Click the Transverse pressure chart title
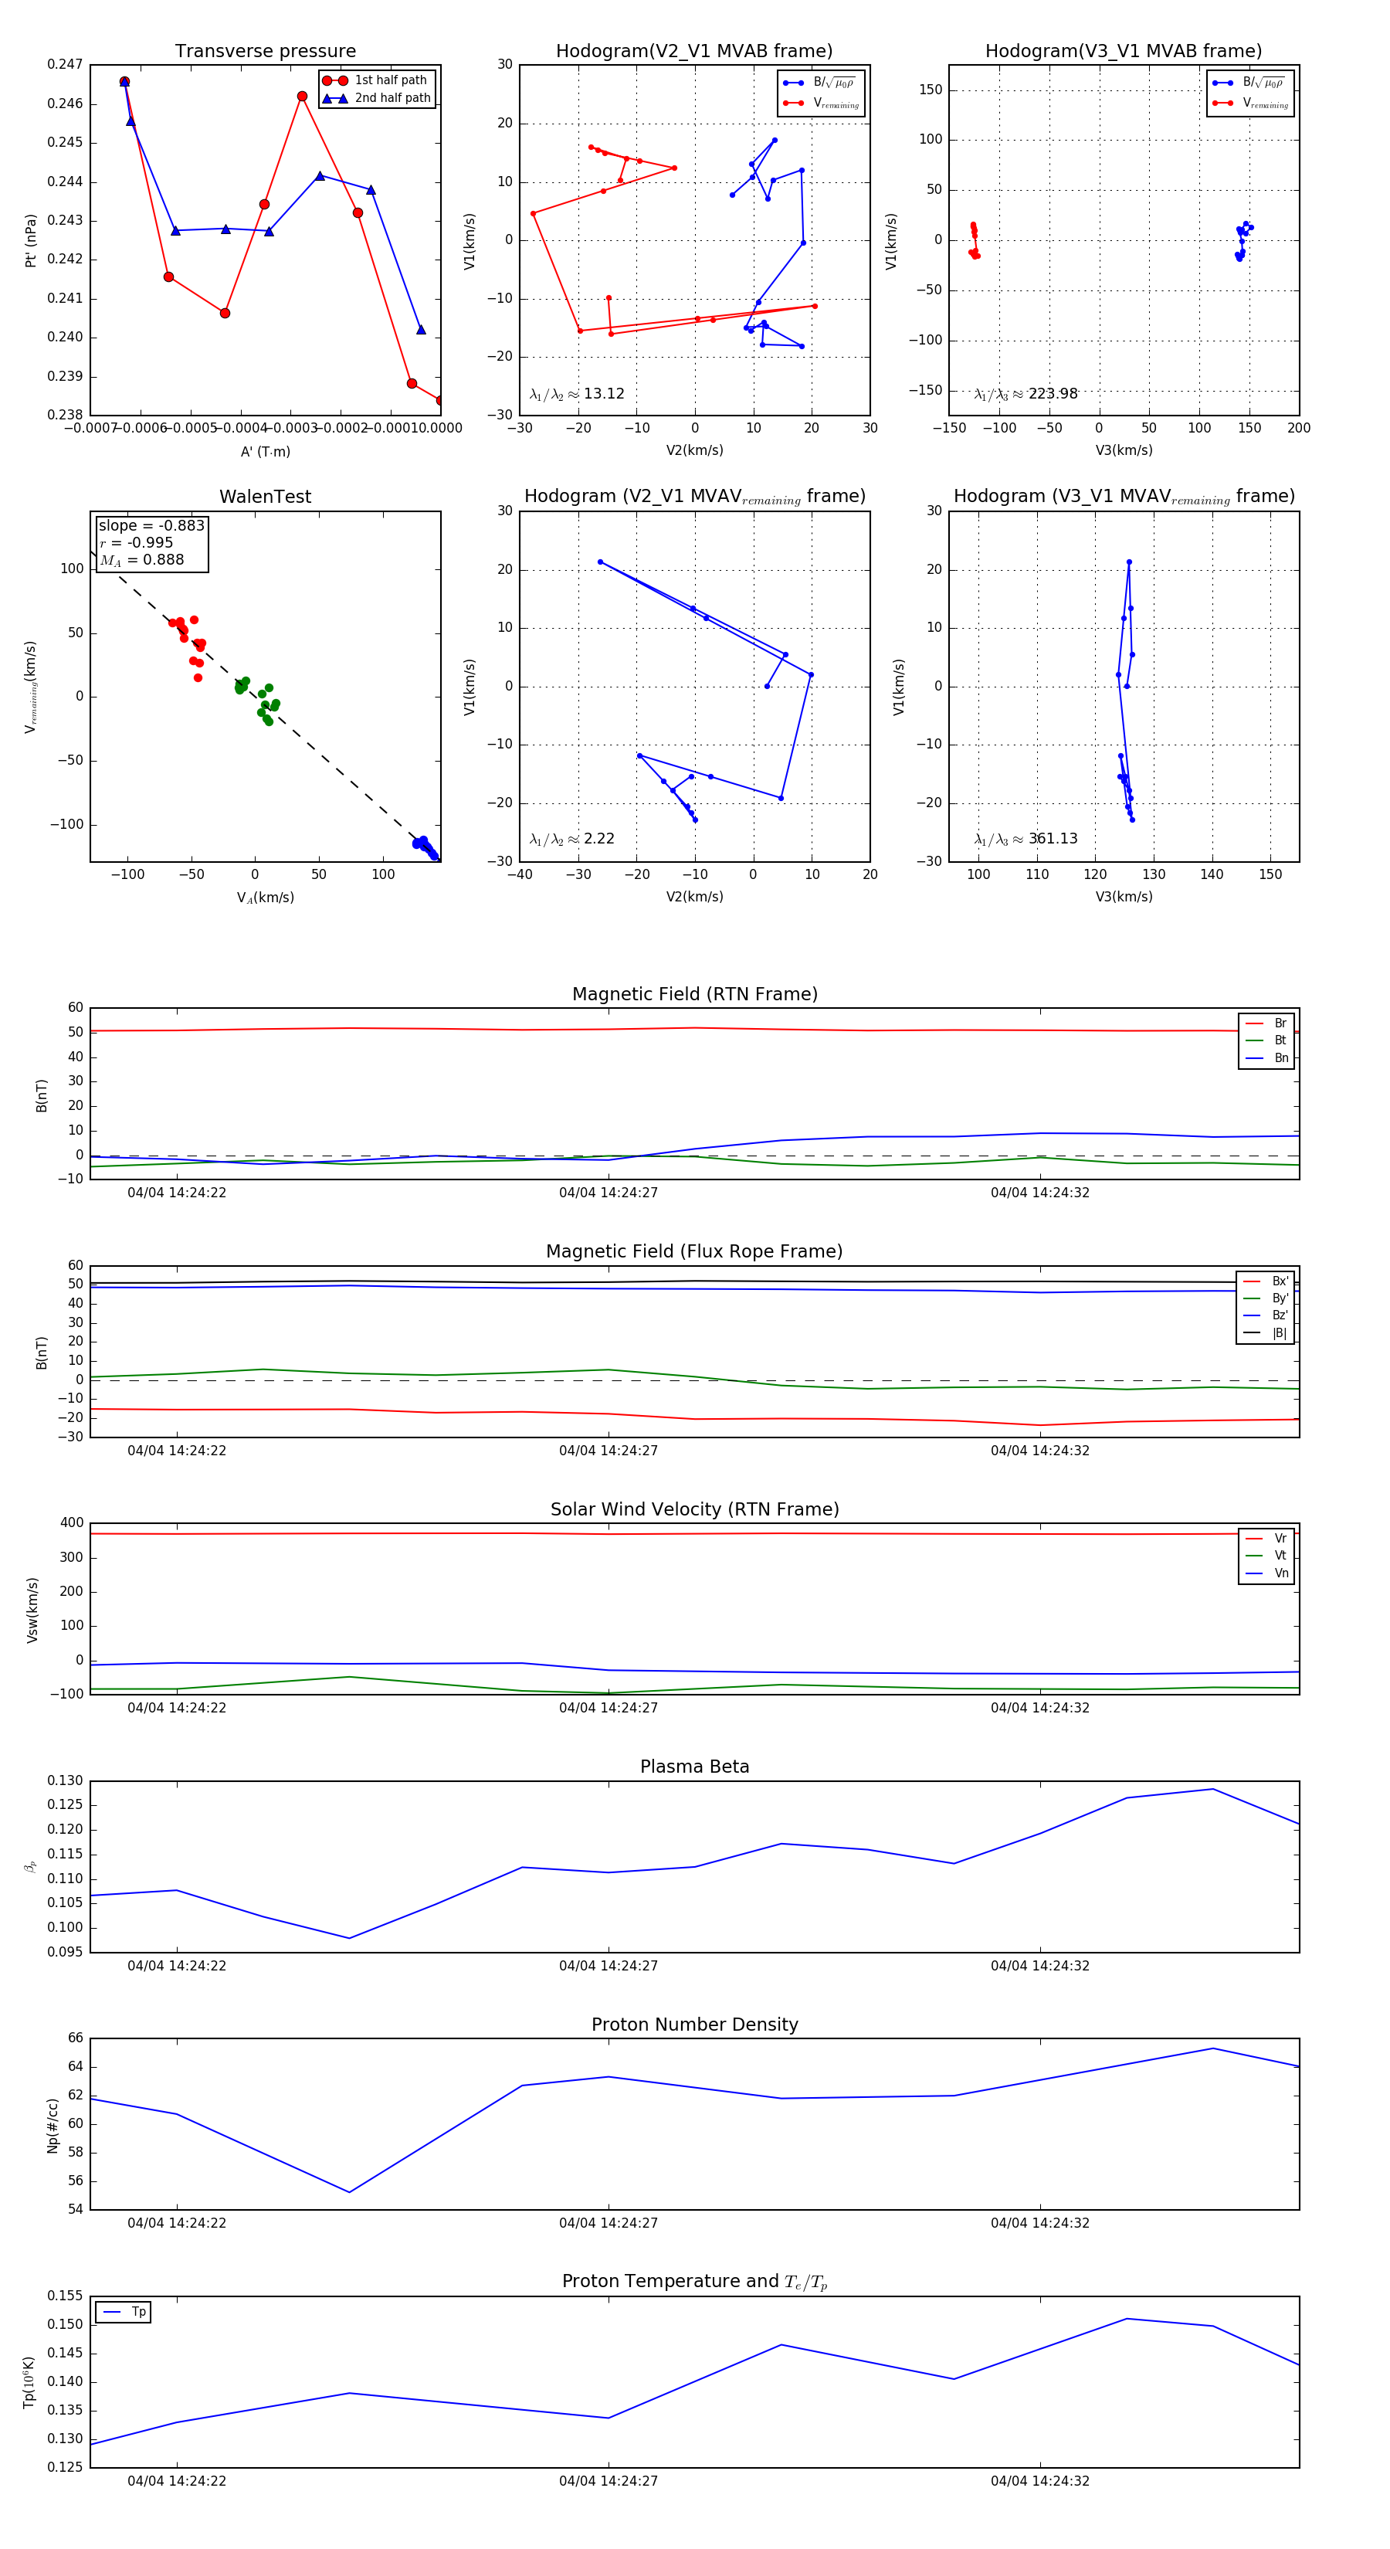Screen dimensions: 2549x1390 (x=265, y=52)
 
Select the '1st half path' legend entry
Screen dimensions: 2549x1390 (x=390, y=80)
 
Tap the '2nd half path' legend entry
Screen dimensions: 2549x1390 (x=392, y=98)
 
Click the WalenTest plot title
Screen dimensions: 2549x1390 (x=265, y=497)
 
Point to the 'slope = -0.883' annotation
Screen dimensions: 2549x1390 (x=151, y=525)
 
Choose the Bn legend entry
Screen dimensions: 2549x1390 (x=1280, y=1057)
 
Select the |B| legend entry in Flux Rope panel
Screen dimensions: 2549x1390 (x=1278, y=1333)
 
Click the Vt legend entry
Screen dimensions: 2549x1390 (x=1280, y=1556)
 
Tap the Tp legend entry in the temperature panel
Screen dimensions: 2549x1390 (x=137, y=2312)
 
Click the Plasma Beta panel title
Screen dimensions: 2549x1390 (x=694, y=1767)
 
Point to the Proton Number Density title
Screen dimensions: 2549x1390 (x=694, y=2025)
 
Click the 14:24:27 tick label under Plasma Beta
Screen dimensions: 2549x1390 (x=608, y=1965)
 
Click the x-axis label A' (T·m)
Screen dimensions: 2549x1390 (x=265, y=451)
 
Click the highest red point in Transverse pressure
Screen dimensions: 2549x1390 (x=124, y=82)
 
